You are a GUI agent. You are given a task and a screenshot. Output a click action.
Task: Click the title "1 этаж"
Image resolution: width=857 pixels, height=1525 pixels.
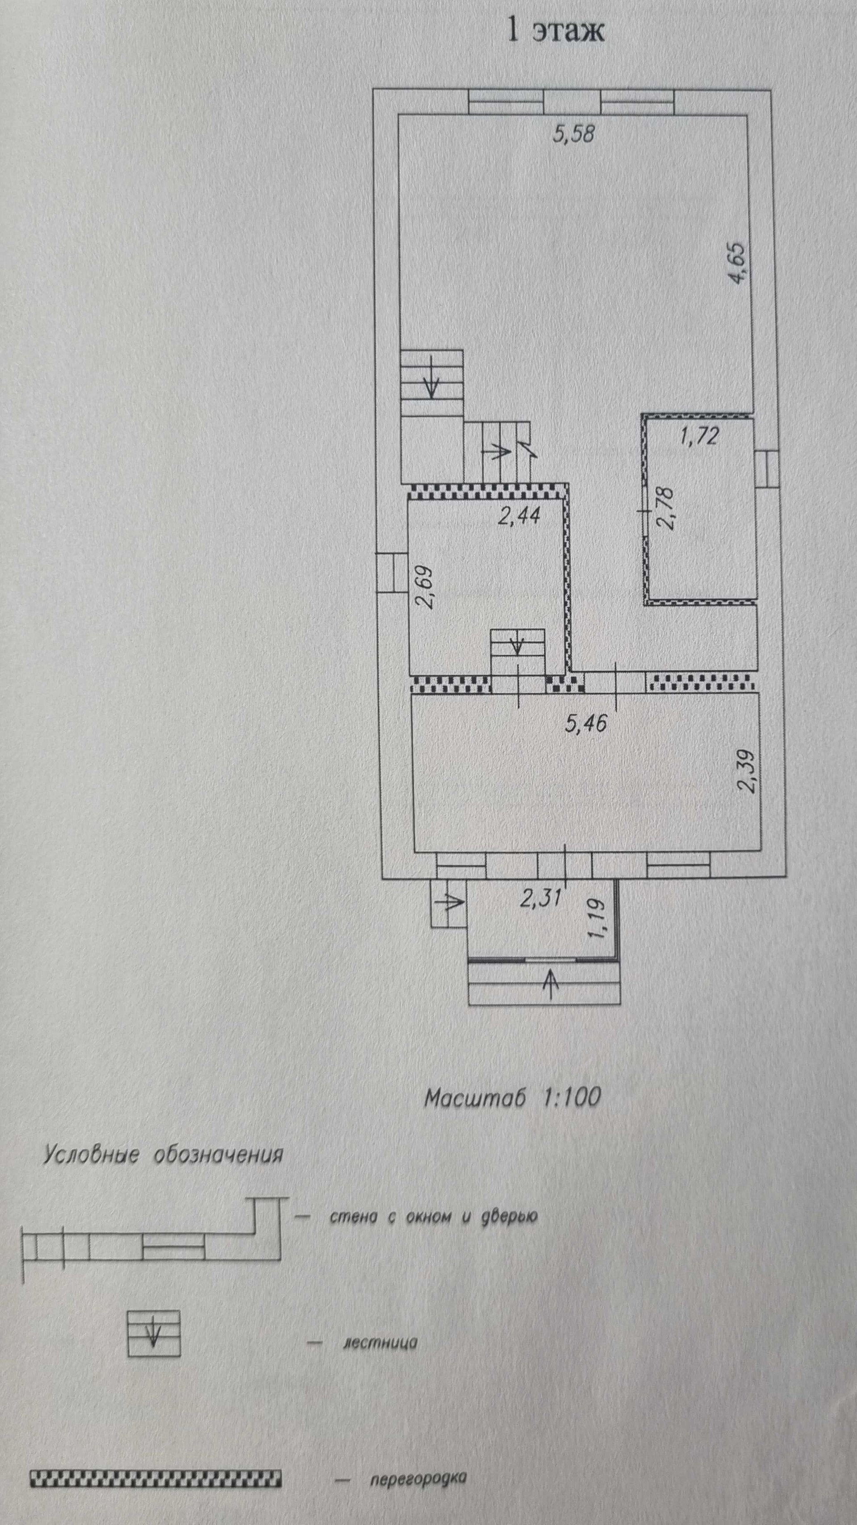pyautogui.click(x=556, y=31)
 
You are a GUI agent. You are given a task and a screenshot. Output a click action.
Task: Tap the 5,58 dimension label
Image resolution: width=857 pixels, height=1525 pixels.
pyautogui.click(x=573, y=135)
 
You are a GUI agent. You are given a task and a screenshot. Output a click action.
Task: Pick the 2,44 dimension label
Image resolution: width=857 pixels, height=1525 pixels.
pyautogui.click(x=519, y=517)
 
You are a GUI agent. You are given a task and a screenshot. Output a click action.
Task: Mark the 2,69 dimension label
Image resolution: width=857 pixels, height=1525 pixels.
pyautogui.click(x=424, y=588)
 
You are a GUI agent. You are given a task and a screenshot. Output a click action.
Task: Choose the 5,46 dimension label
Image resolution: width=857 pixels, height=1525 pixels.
pyautogui.click(x=586, y=723)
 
